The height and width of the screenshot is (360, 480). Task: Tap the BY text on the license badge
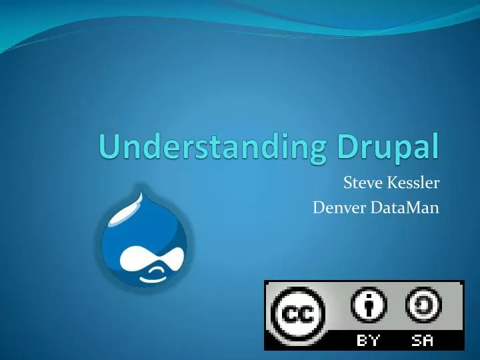point(369,341)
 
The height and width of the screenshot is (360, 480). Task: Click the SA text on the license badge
point(423,341)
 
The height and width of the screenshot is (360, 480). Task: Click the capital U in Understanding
point(108,147)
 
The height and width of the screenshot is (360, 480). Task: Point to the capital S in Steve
point(347,183)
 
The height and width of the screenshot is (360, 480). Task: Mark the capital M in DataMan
point(407,209)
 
